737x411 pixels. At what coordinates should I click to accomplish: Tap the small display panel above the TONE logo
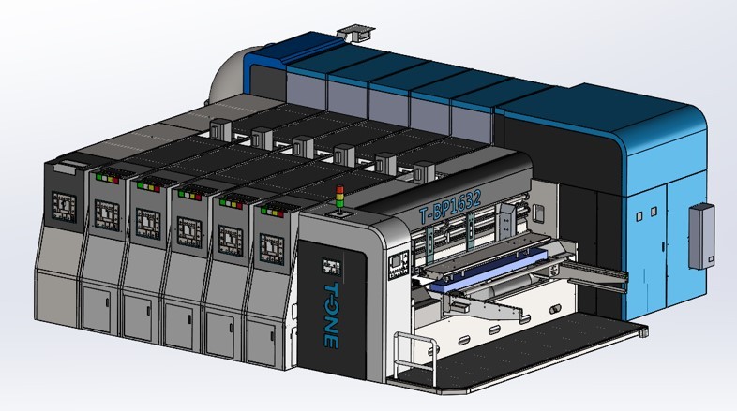[x=331, y=265]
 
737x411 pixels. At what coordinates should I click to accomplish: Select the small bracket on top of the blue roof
[x=350, y=33]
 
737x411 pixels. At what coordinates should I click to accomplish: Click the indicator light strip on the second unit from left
[x=106, y=176]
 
